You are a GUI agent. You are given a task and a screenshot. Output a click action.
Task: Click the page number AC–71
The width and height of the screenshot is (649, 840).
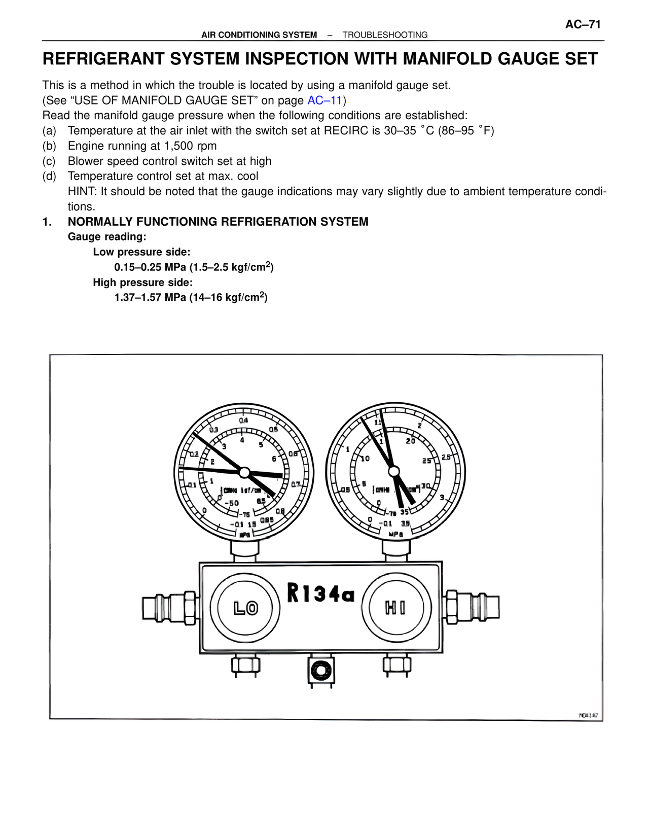coord(583,24)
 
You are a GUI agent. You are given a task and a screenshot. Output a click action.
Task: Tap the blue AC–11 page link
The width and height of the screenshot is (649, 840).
coord(324,100)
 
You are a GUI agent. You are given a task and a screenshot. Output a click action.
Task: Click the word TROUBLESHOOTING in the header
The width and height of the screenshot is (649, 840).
coord(385,35)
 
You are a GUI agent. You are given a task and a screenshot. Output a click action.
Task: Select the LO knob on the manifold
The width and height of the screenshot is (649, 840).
coord(245,608)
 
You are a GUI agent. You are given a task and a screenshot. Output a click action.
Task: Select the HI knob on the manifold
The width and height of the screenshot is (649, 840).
coord(395,607)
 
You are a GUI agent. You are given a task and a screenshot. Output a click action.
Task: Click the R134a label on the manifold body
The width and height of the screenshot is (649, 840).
coord(320,593)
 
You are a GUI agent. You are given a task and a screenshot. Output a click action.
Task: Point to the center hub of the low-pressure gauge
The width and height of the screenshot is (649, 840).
coord(244,472)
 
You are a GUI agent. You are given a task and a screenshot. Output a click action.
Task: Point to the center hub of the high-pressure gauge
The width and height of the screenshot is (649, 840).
coord(394,472)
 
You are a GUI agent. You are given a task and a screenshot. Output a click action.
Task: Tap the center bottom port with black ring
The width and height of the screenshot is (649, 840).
coord(321,671)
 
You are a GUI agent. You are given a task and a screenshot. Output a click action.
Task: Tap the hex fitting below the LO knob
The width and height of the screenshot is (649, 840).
coord(246,664)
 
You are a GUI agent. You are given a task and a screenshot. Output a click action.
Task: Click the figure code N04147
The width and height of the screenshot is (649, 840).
coord(588,715)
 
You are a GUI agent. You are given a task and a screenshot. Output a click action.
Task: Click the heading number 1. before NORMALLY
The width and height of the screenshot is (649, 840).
coord(47,222)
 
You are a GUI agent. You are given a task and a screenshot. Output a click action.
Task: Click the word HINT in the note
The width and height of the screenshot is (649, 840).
coord(82,191)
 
